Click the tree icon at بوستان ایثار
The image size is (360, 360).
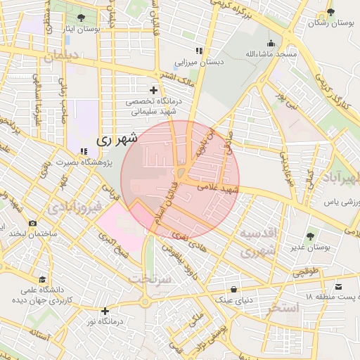(82, 17)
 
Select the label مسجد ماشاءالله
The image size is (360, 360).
(271, 53)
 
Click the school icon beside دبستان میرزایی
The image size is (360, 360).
(200, 51)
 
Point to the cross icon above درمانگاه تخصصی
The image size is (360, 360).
(154, 90)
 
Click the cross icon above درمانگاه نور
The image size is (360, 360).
(105, 311)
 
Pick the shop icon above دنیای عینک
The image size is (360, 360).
(233, 289)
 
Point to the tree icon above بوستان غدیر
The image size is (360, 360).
(310, 236)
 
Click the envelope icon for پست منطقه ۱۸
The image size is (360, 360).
(339, 286)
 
